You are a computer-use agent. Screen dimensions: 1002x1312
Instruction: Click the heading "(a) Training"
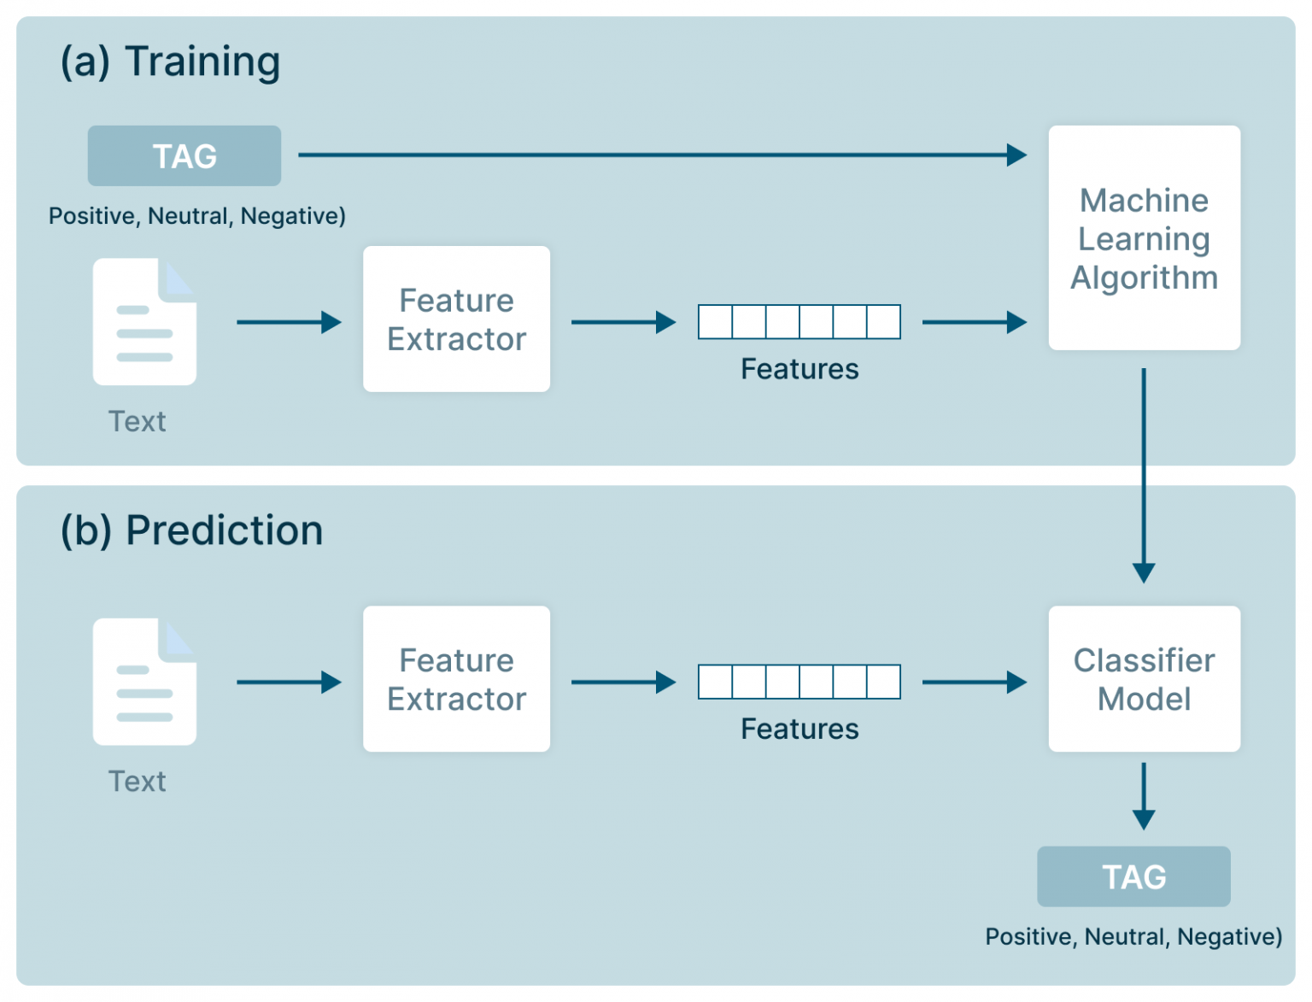pyautogui.click(x=170, y=62)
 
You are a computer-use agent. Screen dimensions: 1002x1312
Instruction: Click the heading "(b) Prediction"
pyautogui.click(x=191, y=530)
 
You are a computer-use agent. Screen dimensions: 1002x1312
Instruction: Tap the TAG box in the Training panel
pyautogui.click(x=184, y=156)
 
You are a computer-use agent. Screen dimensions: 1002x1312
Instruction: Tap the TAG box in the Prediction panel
pyautogui.click(x=1133, y=876)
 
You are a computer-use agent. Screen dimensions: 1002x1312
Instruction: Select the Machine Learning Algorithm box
pyautogui.click(x=1144, y=238)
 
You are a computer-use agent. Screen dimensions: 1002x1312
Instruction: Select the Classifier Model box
pyautogui.click(x=1144, y=679)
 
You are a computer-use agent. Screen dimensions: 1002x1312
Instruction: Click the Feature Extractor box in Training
pyautogui.click(x=456, y=319)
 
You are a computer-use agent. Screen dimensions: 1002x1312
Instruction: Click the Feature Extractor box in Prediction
pyautogui.click(x=456, y=679)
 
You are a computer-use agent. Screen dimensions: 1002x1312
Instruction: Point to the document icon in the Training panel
pyautogui.click(x=144, y=322)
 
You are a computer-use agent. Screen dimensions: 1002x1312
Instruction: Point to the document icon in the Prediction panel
pyautogui.click(x=144, y=682)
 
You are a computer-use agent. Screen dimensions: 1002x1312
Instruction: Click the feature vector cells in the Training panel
pyautogui.click(x=799, y=322)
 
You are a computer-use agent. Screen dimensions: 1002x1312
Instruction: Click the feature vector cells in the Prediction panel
pyautogui.click(x=799, y=682)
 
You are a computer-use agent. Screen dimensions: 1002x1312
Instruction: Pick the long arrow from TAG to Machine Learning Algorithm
pyautogui.click(x=661, y=155)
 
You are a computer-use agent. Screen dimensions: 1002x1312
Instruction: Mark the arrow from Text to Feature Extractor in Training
pyautogui.click(x=289, y=322)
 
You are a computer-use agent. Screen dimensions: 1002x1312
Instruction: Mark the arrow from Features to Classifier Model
pyautogui.click(x=974, y=682)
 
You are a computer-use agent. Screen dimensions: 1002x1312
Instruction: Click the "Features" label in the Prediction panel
pyautogui.click(x=799, y=729)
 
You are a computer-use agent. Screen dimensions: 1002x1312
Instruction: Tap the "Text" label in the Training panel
pyautogui.click(x=137, y=421)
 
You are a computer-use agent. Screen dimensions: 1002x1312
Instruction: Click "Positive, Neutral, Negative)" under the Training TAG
pyautogui.click(x=197, y=216)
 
